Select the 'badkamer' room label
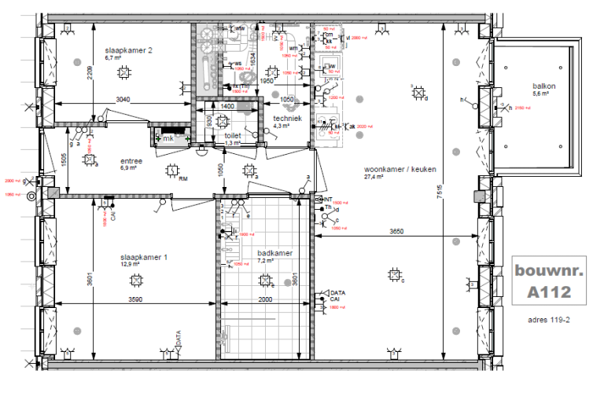(274, 253)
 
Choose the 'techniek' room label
(287, 117)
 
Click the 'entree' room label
(131, 159)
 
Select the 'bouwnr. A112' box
(542, 282)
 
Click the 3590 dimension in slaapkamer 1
(141, 299)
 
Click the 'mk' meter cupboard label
(168, 138)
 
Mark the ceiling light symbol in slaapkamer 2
(123, 73)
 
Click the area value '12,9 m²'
(130, 265)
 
